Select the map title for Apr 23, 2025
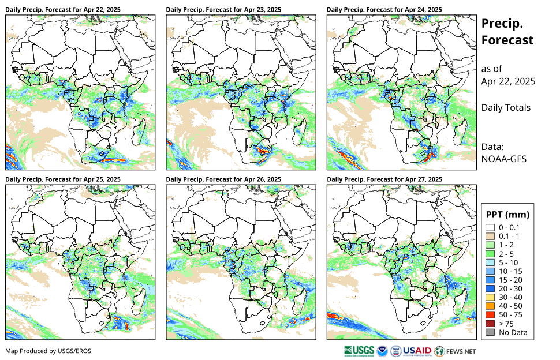[223, 10]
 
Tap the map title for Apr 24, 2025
[384, 10]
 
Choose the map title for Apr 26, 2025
[223, 179]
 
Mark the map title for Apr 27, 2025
[384, 179]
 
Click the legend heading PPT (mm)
[507, 215]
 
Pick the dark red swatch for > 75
[490, 324]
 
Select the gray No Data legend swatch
[490, 332]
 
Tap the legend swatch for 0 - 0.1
[490, 228]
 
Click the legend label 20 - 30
[510, 288]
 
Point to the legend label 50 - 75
[510, 315]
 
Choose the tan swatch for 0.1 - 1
[490, 237]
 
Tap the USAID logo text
[416, 350]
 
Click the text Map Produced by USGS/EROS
[48, 351]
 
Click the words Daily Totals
[506, 107]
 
